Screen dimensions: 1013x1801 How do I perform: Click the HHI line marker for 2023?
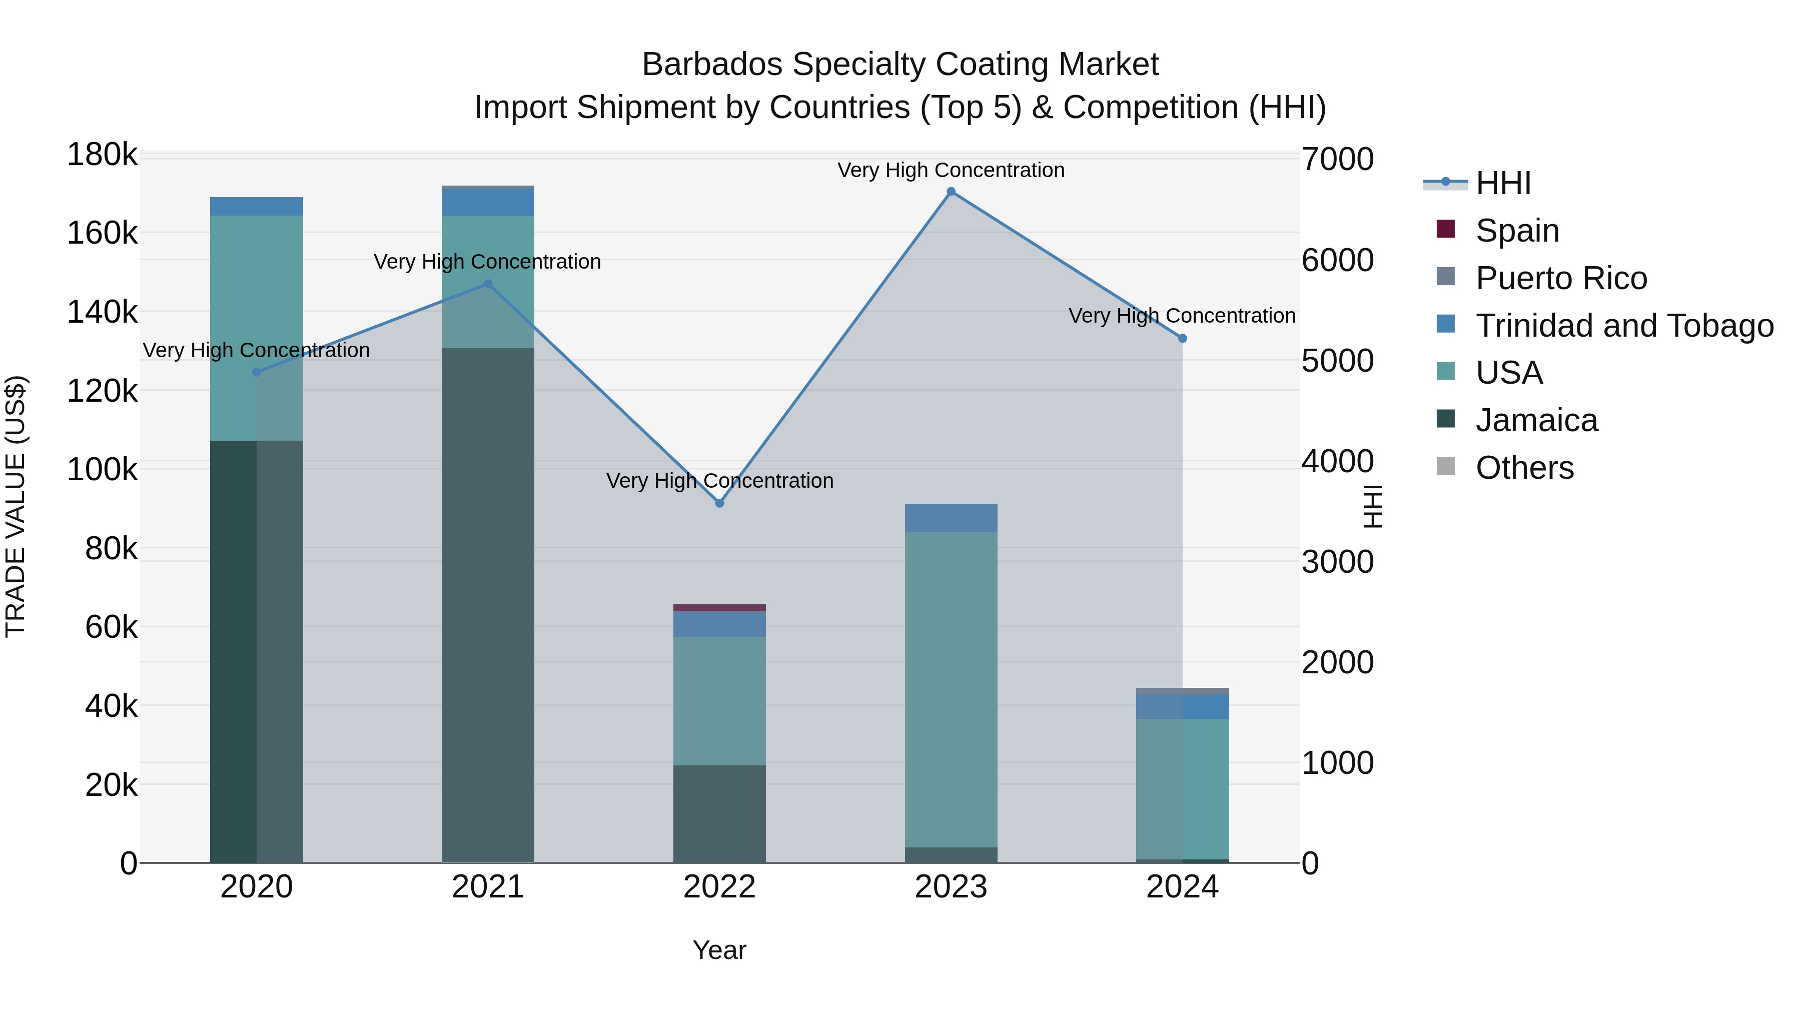tap(951, 192)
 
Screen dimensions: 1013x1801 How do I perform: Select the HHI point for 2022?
tap(719, 503)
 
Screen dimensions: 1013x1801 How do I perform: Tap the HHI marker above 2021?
tap(488, 284)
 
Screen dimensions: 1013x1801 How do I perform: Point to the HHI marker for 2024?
tap(1182, 338)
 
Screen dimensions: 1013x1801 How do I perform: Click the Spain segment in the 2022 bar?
tap(719, 607)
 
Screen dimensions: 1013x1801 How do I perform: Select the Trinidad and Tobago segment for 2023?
tap(951, 518)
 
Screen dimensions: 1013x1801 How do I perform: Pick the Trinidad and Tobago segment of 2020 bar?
tap(257, 206)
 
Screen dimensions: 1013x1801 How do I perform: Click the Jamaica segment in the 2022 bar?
tap(719, 814)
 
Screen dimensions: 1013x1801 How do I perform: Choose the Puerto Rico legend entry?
tap(1561, 278)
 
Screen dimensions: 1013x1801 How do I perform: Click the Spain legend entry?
tap(1517, 231)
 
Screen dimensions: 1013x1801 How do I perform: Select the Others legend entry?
tap(1524, 468)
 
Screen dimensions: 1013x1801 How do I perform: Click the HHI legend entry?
tap(1503, 183)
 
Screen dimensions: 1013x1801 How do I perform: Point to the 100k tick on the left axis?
tap(102, 470)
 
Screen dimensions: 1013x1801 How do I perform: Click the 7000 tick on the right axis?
tap(1337, 160)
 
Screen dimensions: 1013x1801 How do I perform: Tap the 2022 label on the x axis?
tap(719, 887)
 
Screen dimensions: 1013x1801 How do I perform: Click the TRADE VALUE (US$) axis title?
tap(16, 506)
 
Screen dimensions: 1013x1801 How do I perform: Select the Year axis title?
tap(719, 950)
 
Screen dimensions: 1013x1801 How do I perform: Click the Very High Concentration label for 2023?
tap(951, 170)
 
